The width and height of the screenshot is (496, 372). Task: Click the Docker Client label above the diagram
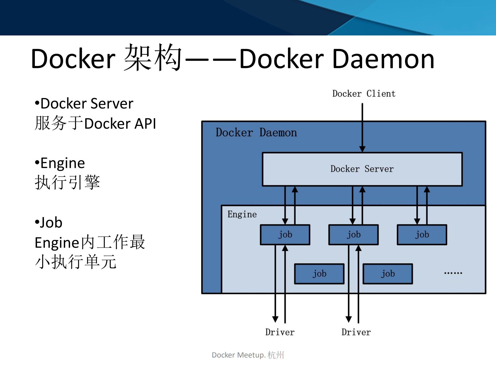(x=364, y=94)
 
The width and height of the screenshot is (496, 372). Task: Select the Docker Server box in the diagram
(x=362, y=169)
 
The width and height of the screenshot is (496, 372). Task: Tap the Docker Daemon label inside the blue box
(x=256, y=133)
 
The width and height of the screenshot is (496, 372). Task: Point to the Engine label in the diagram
(x=242, y=214)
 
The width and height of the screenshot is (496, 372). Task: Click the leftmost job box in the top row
(x=285, y=235)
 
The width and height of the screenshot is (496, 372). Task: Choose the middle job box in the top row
(x=353, y=235)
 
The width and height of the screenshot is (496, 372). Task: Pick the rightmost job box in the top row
(x=422, y=235)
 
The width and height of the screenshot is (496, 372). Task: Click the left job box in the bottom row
(x=319, y=274)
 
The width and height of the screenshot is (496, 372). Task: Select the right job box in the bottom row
(x=388, y=274)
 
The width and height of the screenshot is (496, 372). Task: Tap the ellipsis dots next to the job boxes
(x=453, y=273)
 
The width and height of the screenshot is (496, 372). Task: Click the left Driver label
(x=280, y=332)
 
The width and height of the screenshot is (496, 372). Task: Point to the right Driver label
(x=356, y=332)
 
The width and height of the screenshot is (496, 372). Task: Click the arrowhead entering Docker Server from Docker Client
(x=362, y=149)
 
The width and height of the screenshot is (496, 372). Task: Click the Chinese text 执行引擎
(x=67, y=183)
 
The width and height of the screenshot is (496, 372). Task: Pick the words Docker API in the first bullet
(x=120, y=124)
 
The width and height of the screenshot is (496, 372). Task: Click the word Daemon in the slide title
(x=383, y=59)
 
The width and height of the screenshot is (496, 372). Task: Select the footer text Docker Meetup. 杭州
(x=248, y=355)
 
